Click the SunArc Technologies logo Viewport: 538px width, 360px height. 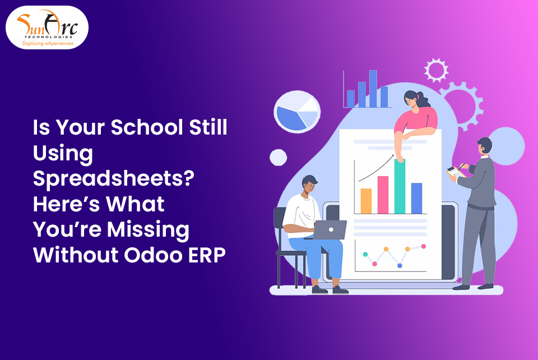(x=47, y=27)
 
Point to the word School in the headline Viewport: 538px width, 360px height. (x=146, y=127)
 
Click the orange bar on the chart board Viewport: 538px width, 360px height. (x=366, y=200)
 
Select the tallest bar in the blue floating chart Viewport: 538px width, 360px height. (x=373, y=88)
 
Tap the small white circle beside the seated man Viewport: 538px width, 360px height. (x=278, y=158)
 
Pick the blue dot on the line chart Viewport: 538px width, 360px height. (x=400, y=265)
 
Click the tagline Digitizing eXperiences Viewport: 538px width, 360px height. (x=48, y=43)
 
